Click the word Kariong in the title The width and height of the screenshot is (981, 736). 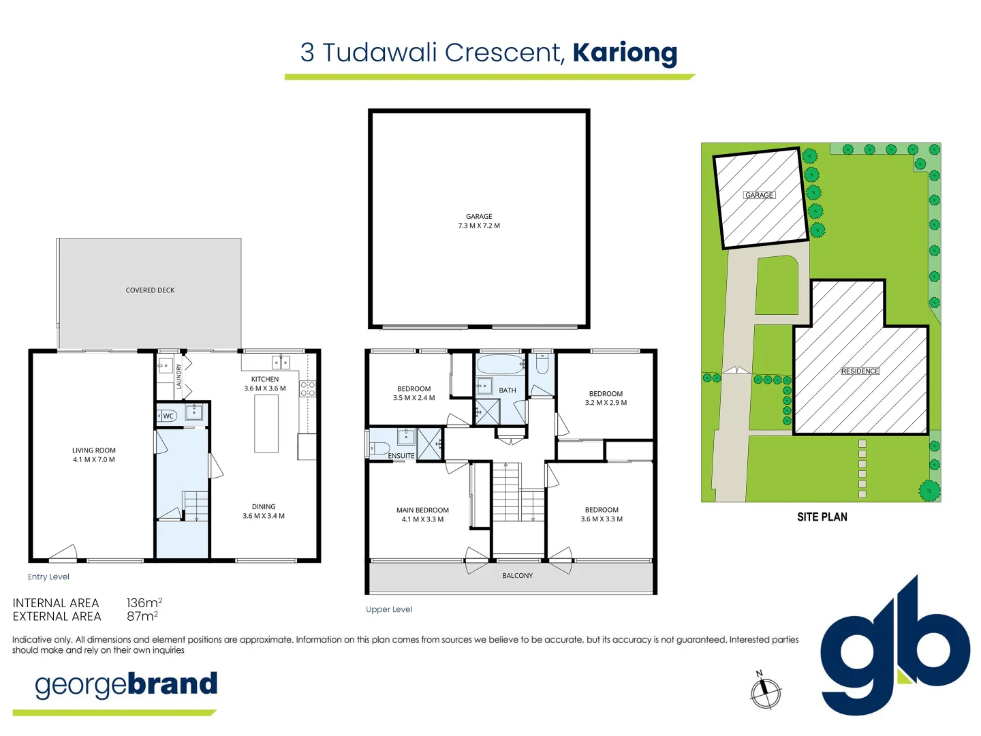pyautogui.click(x=625, y=52)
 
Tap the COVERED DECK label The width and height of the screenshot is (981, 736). pyautogui.click(x=150, y=290)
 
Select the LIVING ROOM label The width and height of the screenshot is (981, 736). pyautogui.click(x=94, y=450)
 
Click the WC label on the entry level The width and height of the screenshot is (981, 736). pyautogui.click(x=168, y=416)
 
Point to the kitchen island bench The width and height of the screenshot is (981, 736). pyautogui.click(x=266, y=423)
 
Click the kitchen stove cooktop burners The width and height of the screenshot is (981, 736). pyautogui.click(x=308, y=389)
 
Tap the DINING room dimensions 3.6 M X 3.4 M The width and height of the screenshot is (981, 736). pyautogui.click(x=264, y=516)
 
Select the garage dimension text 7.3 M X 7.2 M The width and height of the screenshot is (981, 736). pyautogui.click(x=479, y=226)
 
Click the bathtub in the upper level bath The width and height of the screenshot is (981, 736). pyautogui.click(x=501, y=365)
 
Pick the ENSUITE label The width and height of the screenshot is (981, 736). pyautogui.click(x=401, y=456)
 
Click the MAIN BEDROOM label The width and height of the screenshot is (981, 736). pyautogui.click(x=422, y=510)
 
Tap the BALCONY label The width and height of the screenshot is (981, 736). pyautogui.click(x=518, y=576)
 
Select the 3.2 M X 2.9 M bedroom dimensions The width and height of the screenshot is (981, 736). pyautogui.click(x=606, y=403)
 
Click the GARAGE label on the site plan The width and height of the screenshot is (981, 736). pyautogui.click(x=759, y=195)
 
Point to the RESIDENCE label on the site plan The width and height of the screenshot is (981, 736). pyautogui.click(x=860, y=371)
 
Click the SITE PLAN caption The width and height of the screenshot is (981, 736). pyautogui.click(x=822, y=517)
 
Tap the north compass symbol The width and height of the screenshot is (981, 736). pyautogui.click(x=766, y=692)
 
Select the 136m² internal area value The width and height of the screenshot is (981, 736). pyautogui.click(x=144, y=603)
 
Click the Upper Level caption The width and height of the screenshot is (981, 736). pyautogui.click(x=389, y=609)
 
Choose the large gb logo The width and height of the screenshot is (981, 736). pyautogui.click(x=894, y=647)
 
